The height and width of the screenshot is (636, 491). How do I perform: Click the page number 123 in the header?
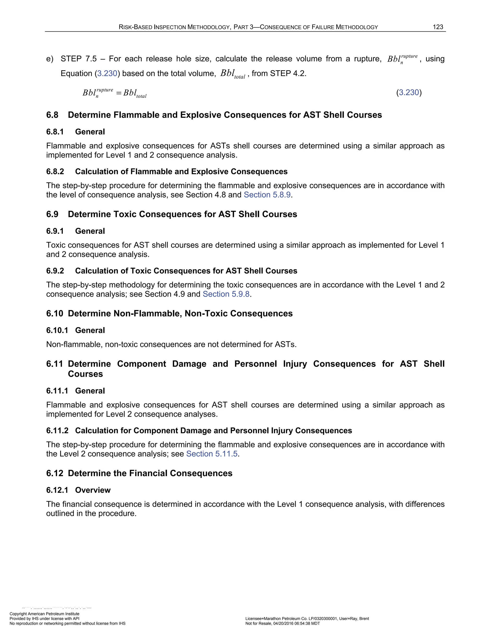click(x=438, y=27)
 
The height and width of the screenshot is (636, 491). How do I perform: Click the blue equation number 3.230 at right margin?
click(x=409, y=93)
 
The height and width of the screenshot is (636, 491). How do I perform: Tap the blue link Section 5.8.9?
click(x=267, y=195)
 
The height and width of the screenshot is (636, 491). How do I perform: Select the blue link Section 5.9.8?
click(x=226, y=294)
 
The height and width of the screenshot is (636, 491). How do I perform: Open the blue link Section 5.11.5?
click(x=212, y=454)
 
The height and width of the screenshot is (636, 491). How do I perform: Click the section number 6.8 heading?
click(x=52, y=115)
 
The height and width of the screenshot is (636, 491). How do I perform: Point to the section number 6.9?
click(x=52, y=214)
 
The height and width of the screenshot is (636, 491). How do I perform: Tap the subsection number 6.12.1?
click(x=57, y=490)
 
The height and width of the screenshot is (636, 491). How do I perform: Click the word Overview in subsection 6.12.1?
click(x=93, y=490)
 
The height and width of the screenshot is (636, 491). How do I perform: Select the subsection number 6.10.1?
click(x=57, y=330)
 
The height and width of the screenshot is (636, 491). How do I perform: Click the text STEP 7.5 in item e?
click(x=79, y=59)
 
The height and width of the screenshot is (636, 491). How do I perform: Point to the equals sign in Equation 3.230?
click(x=118, y=93)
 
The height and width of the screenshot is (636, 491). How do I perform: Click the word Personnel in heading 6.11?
click(x=255, y=364)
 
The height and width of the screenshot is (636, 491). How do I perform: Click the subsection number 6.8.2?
click(x=55, y=172)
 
